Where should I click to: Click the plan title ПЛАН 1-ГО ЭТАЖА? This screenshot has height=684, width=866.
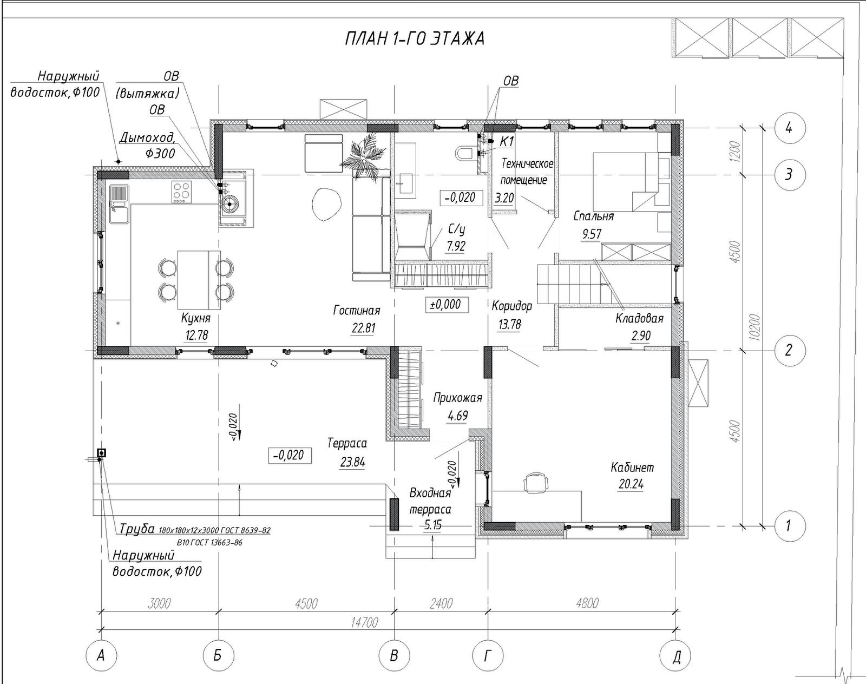(415, 39)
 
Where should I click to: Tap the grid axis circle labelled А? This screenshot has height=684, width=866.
(101, 656)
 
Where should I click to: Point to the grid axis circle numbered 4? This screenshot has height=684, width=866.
(789, 128)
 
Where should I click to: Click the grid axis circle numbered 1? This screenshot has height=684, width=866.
(789, 525)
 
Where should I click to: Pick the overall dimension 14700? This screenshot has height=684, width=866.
(365, 622)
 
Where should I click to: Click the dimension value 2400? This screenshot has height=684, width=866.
(442, 603)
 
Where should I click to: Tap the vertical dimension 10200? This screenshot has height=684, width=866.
(756, 327)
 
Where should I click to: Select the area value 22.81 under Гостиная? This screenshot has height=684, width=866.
(363, 328)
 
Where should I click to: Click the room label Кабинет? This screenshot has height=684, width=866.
(632, 468)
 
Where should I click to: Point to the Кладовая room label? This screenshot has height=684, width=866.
(639, 319)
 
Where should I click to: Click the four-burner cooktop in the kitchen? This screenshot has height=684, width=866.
(181, 192)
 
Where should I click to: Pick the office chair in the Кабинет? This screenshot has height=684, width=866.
(536, 482)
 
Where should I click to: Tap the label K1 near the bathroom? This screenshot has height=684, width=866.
(507, 142)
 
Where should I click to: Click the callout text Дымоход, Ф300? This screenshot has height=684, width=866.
(148, 146)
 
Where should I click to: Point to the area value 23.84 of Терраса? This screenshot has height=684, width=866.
(352, 462)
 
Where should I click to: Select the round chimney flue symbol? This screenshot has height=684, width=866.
(229, 204)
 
